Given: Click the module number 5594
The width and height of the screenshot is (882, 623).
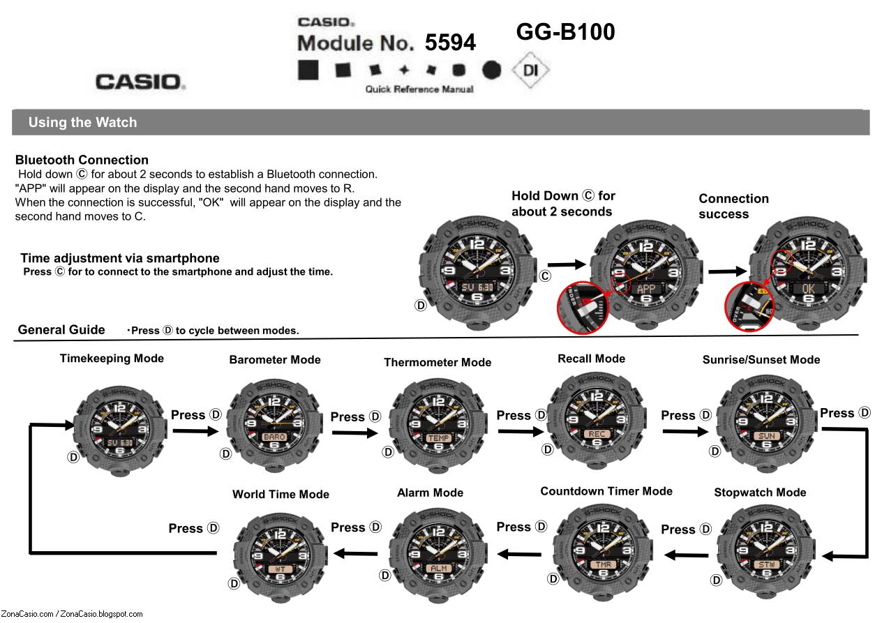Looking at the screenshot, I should (x=450, y=43).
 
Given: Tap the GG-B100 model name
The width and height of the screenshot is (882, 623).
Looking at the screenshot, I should (x=565, y=32).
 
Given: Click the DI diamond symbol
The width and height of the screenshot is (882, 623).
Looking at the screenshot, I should (x=530, y=70).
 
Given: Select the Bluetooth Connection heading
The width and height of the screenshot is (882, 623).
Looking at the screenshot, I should (x=82, y=160).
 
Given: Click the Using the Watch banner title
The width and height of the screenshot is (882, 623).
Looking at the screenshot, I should (x=82, y=122).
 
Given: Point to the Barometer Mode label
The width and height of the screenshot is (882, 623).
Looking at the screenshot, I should (x=275, y=360).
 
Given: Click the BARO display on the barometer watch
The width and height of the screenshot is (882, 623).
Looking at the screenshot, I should (x=274, y=437).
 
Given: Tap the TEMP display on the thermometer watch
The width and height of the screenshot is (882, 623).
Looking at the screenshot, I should (x=438, y=438).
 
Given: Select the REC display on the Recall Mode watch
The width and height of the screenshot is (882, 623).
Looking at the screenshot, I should (x=597, y=434).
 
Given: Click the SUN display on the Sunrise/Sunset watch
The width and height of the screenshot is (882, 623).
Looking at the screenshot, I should (x=765, y=436).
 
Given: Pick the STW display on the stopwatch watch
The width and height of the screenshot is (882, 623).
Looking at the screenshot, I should (x=765, y=564).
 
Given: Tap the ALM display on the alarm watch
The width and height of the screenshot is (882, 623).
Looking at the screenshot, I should (x=438, y=568).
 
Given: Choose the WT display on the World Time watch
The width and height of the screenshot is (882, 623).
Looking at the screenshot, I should (x=280, y=569).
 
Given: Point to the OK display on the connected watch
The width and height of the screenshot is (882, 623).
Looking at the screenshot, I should (x=807, y=288).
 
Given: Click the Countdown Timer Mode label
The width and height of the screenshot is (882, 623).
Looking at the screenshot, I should (x=606, y=491).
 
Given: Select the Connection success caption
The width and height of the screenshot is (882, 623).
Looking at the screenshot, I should (x=733, y=206).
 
